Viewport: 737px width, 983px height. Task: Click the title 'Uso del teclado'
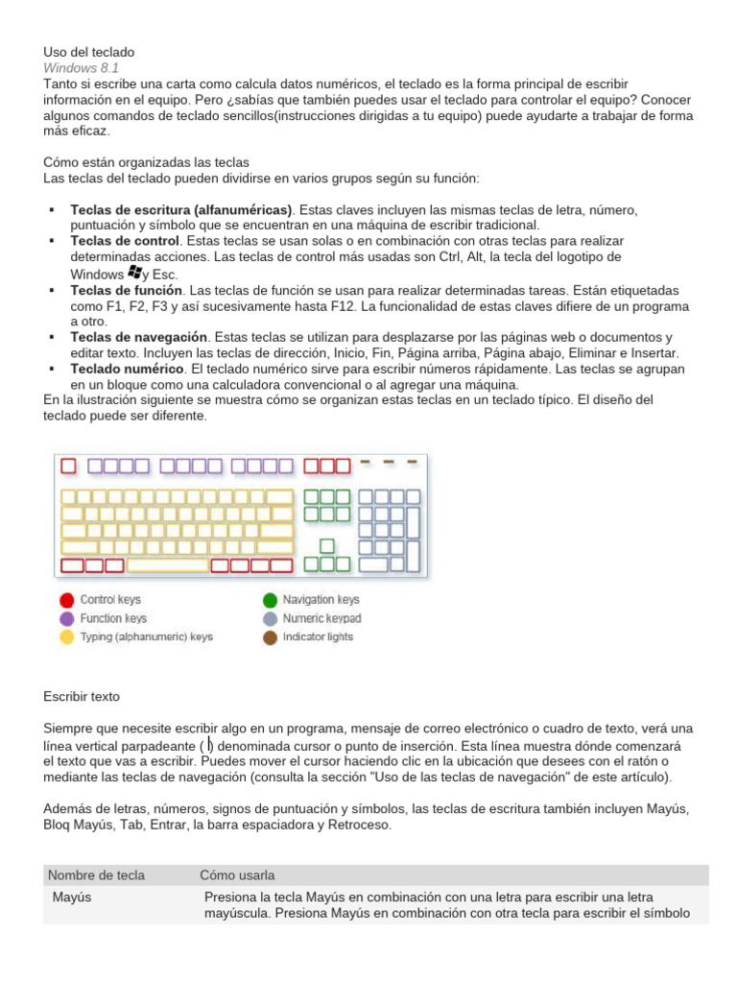tap(89, 52)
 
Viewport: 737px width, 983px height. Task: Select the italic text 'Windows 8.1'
tap(81, 68)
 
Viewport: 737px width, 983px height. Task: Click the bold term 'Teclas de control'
tap(125, 240)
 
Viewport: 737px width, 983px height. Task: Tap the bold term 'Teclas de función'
tap(126, 290)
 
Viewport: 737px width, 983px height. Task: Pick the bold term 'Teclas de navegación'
tap(139, 337)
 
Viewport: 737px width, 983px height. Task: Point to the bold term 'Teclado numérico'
tap(127, 369)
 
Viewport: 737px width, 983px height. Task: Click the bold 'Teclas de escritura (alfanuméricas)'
tap(181, 209)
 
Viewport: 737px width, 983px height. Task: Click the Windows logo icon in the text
tap(133, 273)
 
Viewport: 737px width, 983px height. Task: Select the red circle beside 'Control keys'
tap(67, 600)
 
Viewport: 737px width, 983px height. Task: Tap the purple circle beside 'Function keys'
tap(67, 618)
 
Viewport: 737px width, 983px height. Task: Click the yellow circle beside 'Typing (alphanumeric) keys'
tap(67, 636)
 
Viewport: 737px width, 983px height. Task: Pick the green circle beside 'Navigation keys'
tap(270, 600)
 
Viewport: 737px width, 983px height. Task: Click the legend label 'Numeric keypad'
tap(321, 618)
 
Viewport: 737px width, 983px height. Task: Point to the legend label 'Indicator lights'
tap(318, 636)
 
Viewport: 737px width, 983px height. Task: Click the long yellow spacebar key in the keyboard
tap(167, 564)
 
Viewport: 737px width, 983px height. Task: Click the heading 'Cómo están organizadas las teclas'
tap(146, 162)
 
